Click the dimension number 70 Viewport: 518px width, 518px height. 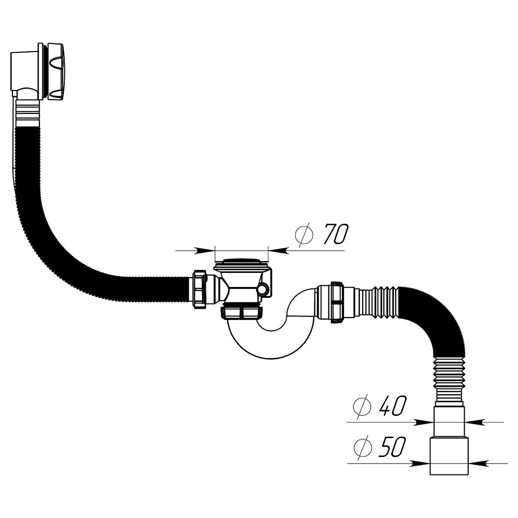click(x=335, y=234)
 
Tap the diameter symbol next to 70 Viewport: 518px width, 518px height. click(x=304, y=234)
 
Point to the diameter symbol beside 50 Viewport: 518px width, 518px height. click(x=363, y=448)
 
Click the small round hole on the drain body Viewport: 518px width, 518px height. click(x=263, y=290)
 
